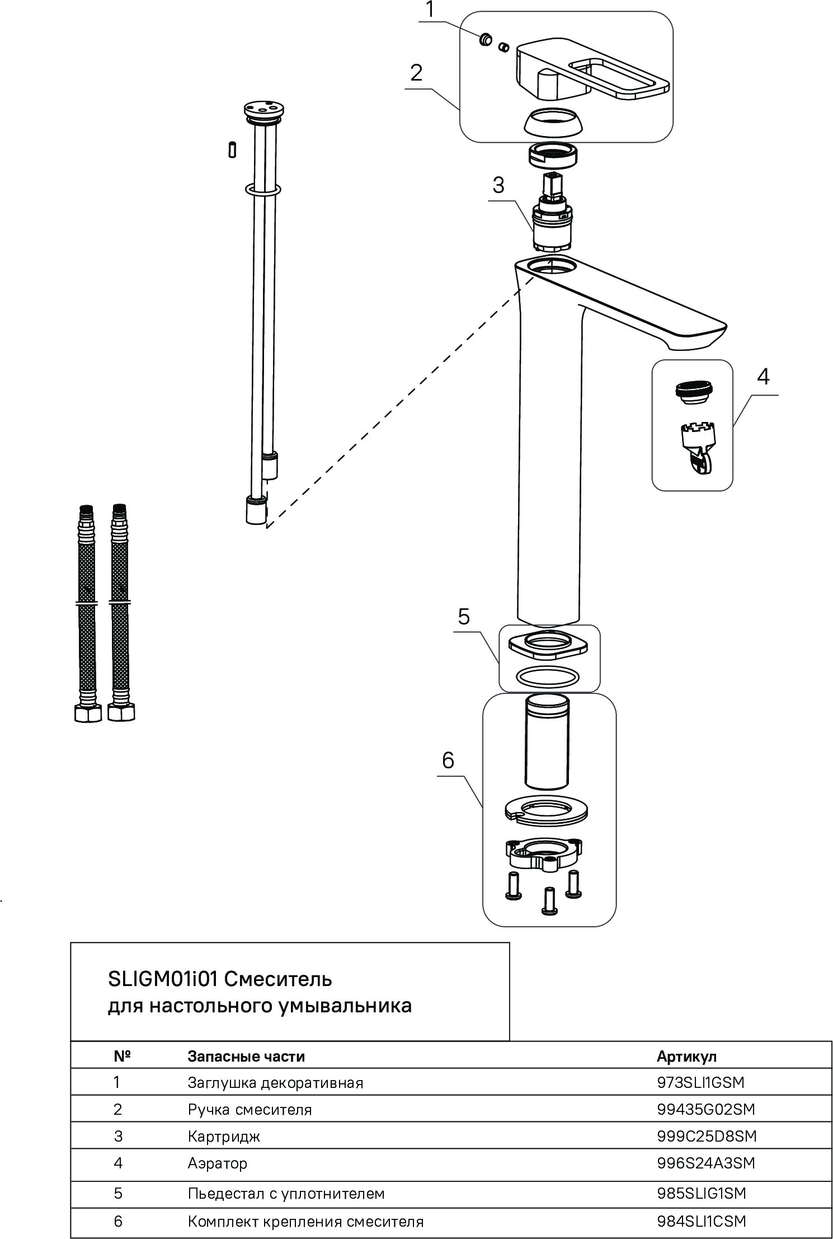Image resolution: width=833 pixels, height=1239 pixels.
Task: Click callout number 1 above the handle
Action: click(430, 10)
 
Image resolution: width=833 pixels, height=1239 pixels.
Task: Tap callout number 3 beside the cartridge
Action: click(498, 185)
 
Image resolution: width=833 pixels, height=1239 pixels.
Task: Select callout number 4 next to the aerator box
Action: click(763, 377)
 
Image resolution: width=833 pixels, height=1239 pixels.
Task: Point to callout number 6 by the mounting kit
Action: click(448, 760)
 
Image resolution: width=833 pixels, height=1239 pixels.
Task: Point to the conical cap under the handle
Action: click(552, 121)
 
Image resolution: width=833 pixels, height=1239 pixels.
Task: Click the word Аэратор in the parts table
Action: click(217, 1163)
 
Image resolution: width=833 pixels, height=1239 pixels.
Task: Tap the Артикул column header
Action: click(686, 1057)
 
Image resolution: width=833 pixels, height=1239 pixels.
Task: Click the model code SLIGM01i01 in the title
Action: click(165, 979)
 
